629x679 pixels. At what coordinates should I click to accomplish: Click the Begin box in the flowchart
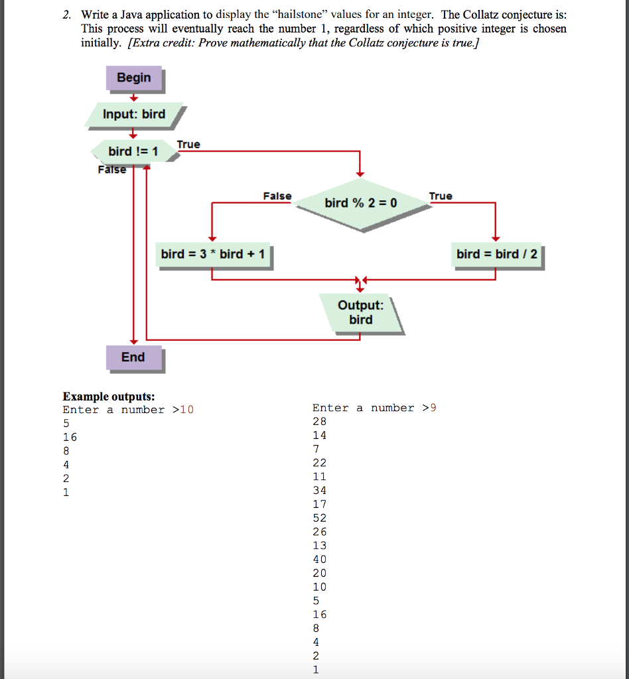coord(133,78)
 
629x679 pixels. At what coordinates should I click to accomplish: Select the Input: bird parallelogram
coord(133,114)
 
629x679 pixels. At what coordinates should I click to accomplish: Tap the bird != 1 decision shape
coord(133,152)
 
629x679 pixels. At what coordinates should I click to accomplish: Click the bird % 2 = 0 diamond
coord(360,202)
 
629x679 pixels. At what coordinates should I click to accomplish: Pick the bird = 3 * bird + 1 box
coord(212,254)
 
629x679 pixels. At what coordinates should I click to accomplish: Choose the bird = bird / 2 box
coord(496,254)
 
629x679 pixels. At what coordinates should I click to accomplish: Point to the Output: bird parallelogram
coord(360,312)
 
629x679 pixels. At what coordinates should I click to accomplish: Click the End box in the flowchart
coord(133,357)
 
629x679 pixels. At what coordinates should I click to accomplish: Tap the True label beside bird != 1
coord(188,145)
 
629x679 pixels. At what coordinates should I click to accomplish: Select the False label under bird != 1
coord(111,170)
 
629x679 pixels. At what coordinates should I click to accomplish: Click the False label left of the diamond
coord(277,196)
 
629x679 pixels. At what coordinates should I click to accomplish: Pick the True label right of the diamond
coord(441,196)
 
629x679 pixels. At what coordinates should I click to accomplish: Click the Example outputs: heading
coord(109,397)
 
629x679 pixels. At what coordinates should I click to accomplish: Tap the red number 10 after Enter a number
coord(187,410)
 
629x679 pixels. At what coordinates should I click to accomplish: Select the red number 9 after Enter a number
coord(433,408)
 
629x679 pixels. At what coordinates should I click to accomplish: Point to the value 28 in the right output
coord(320,422)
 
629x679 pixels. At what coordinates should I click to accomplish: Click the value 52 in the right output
coord(320,519)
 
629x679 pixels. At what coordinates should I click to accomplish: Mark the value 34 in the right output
coord(320,491)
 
